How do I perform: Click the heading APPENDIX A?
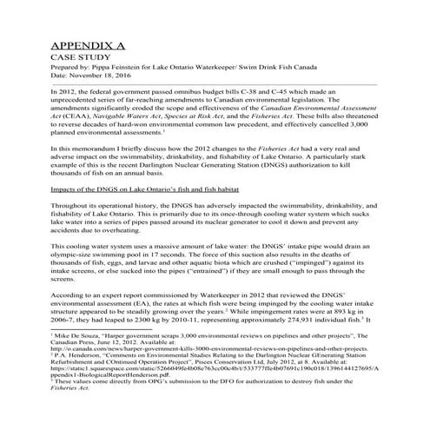pyautogui.click(x=89, y=45)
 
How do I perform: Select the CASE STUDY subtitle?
pyautogui.click(x=80, y=60)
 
